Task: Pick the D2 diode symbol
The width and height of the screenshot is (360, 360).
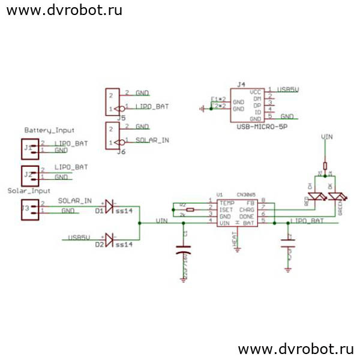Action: (x=109, y=239)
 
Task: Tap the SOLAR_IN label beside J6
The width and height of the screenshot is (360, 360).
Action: (x=152, y=140)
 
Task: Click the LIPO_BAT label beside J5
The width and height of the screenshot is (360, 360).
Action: (x=152, y=106)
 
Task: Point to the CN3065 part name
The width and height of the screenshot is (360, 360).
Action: (x=246, y=195)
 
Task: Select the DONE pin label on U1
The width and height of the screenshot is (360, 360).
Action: (x=246, y=216)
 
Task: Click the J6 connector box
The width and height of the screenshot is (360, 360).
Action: (x=111, y=136)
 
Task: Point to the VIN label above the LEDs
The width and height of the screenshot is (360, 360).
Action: (x=327, y=137)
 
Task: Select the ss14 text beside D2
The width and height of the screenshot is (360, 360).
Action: (x=124, y=245)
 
